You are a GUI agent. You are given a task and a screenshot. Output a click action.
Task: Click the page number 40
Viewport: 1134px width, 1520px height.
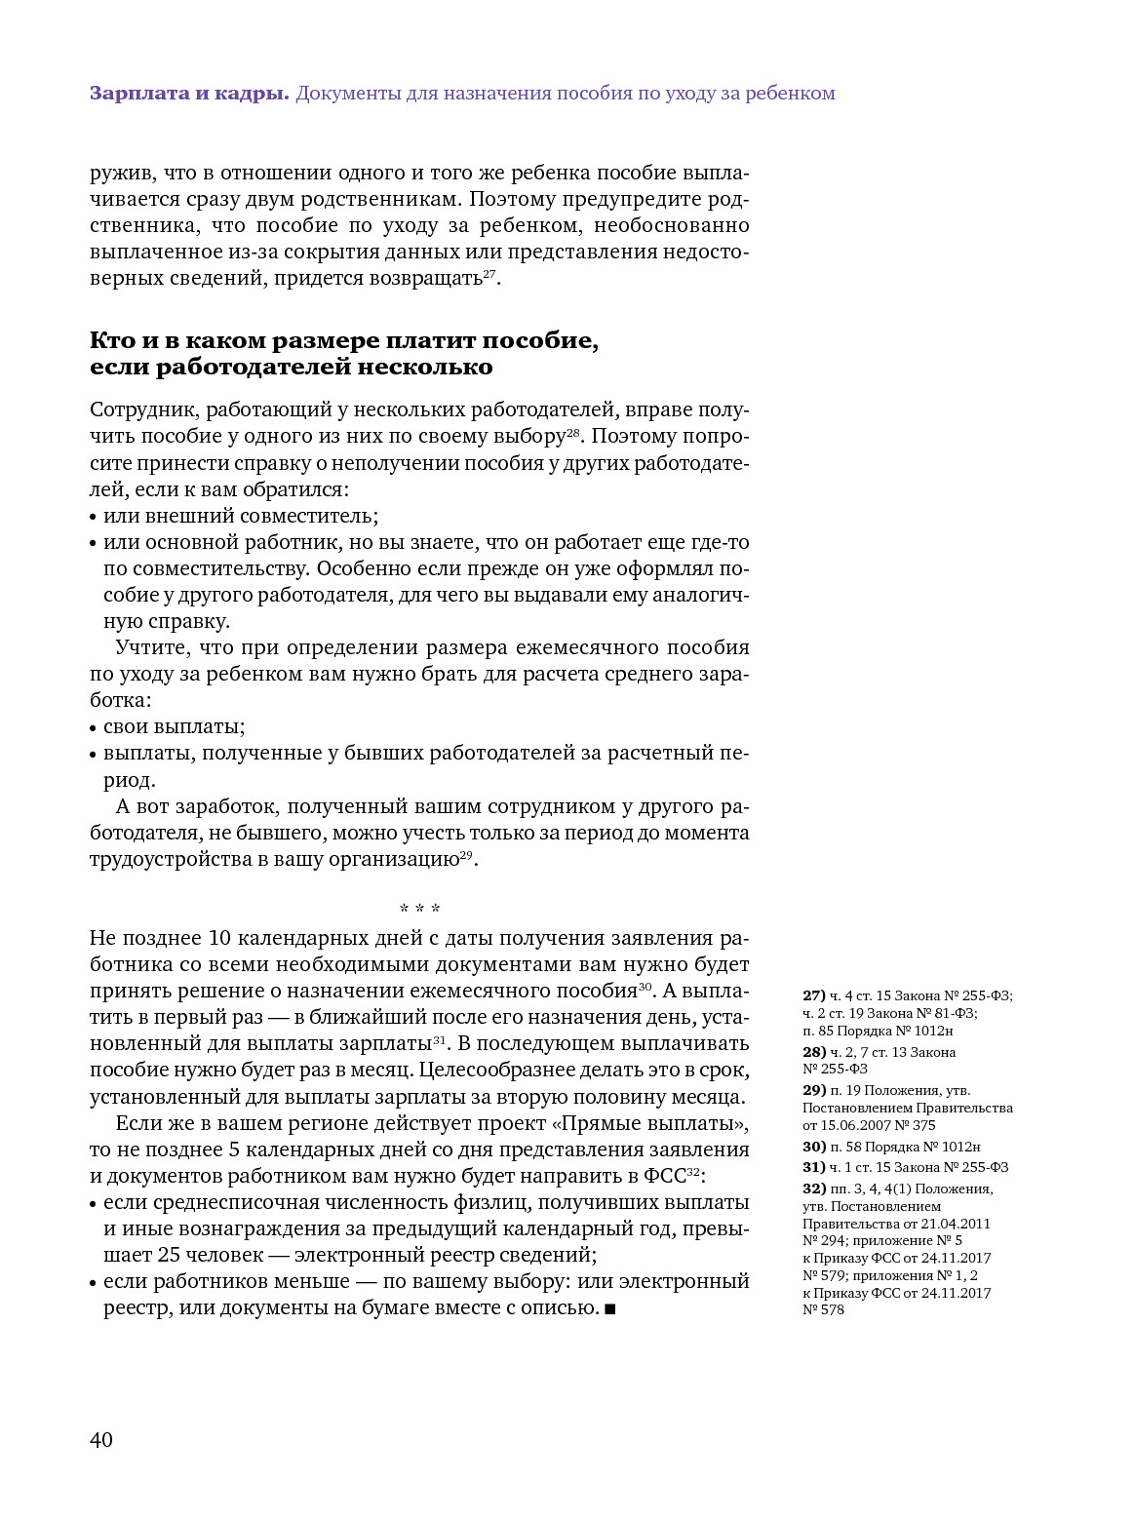point(101,1439)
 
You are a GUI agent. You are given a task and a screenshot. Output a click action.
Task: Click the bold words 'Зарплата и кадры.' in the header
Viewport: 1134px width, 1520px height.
point(188,94)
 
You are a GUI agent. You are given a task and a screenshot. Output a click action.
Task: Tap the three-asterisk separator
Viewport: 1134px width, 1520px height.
point(419,910)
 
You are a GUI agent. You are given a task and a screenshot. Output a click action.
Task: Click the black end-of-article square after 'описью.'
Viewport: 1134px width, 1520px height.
point(610,1308)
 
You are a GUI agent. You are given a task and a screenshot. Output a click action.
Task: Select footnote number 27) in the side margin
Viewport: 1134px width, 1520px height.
point(813,995)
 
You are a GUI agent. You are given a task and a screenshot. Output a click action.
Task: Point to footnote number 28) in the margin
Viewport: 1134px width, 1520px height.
point(813,1052)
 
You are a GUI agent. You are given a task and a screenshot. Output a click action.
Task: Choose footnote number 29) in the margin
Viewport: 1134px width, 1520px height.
point(813,1090)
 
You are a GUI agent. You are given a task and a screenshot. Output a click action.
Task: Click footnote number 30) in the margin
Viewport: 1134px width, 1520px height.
point(813,1147)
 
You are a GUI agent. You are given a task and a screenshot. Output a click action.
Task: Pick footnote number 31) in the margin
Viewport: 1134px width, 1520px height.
point(813,1167)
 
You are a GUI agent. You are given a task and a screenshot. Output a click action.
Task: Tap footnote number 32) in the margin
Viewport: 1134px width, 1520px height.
point(813,1189)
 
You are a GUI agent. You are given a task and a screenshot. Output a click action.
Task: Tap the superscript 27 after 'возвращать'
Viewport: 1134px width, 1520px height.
point(490,274)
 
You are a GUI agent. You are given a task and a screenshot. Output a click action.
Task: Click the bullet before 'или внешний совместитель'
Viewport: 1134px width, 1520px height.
point(94,518)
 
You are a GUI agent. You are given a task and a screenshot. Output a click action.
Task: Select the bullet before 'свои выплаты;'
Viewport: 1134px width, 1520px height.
point(94,728)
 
